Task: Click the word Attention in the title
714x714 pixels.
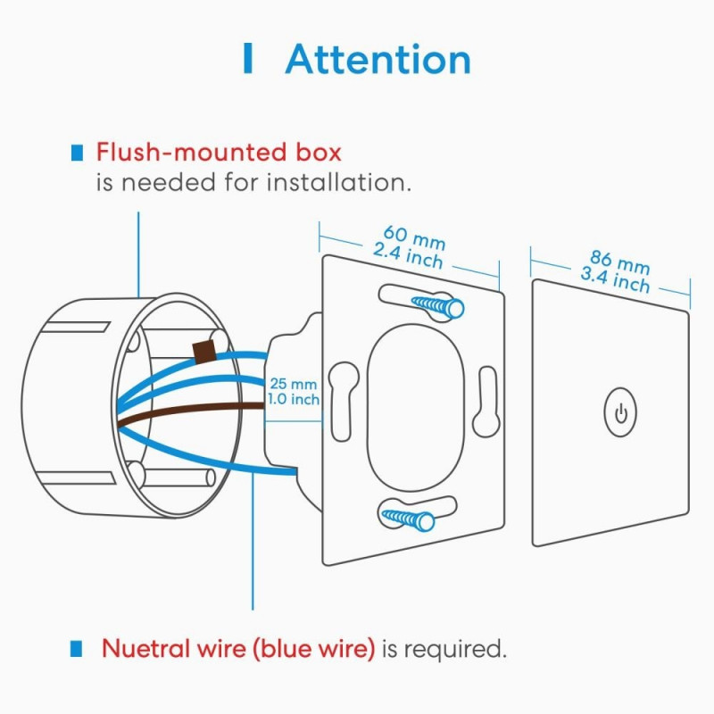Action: coord(378,60)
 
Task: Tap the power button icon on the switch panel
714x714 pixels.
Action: coord(622,414)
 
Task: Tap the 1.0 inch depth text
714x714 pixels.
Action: coord(293,400)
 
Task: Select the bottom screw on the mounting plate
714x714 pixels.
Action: coord(409,517)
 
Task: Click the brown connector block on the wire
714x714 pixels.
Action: coord(204,351)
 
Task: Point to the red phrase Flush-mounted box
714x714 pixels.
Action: coord(219,153)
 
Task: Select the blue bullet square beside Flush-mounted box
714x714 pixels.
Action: coord(79,154)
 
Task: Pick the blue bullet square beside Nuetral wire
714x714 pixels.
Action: coord(79,649)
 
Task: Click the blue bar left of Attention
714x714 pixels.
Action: coord(247,60)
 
